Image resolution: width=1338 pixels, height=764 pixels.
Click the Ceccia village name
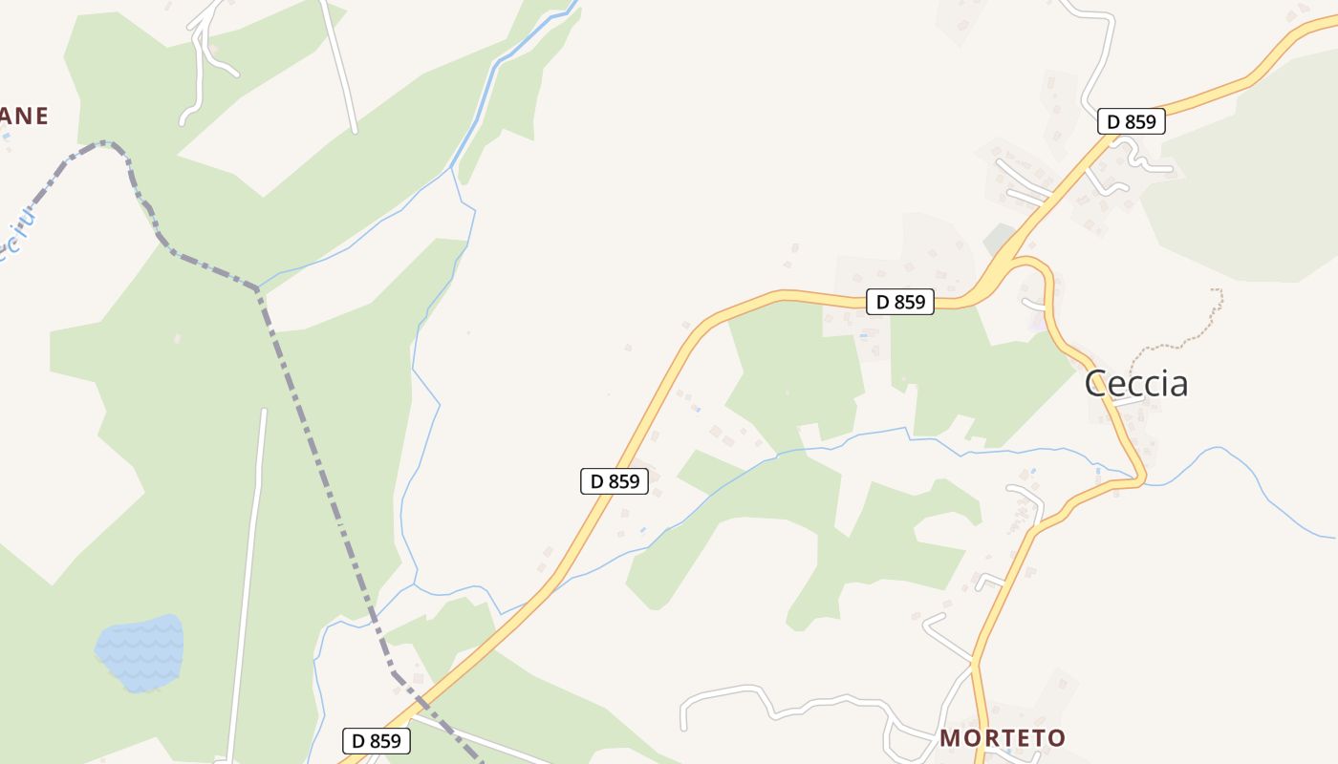[1136, 384]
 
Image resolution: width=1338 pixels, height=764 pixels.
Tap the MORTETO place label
[1002, 737]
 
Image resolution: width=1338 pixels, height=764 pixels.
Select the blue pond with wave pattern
[140, 652]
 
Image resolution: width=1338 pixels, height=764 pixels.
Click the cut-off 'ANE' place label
[24, 117]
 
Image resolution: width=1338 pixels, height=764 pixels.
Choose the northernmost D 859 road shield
[1131, 121]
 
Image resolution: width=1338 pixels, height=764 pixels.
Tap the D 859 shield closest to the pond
[376, 740]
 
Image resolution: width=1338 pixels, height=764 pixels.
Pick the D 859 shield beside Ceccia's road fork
[900, 302]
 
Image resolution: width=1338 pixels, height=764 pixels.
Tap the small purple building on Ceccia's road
[1037, 322]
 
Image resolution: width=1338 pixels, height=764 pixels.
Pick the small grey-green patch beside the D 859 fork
[1001, 239]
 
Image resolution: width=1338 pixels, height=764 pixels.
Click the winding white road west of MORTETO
[784, 705]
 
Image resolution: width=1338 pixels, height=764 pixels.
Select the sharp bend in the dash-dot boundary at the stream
[257, 287]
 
